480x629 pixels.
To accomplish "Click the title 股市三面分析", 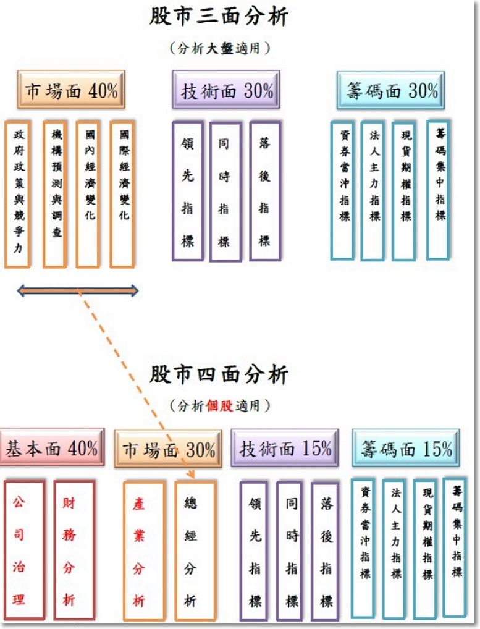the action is click(x=219, y=17).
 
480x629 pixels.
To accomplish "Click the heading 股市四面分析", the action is click(x=219, y=374).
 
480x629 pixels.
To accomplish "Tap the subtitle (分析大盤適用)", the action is click(x=219, y=49).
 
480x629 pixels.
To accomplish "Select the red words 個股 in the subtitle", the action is click(x=219, y=406).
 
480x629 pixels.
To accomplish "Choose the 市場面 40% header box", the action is click(x=71, y=90).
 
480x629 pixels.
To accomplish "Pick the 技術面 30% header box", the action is click(x=225, y=90).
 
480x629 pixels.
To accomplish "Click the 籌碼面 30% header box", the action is click(x=390, y=90).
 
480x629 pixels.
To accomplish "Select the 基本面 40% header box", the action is click(x=52, y=447).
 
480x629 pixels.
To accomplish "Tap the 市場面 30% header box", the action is click(x=168, y=449).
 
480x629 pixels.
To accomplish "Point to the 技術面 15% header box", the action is click(x=285, y=448).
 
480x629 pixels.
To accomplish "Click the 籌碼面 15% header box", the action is click(x=406, y=448).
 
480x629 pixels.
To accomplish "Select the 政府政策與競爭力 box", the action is click(x=18, y=194).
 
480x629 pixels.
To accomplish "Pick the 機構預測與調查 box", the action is click(x=55, y=194).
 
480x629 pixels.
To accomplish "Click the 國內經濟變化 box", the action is click(x=88, y=194).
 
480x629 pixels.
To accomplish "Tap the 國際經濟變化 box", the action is click(x=122, y=194).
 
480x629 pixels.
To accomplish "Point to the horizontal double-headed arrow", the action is click(x=78, y=291).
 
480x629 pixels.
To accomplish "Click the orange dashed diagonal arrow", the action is click(x=137, y=384).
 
